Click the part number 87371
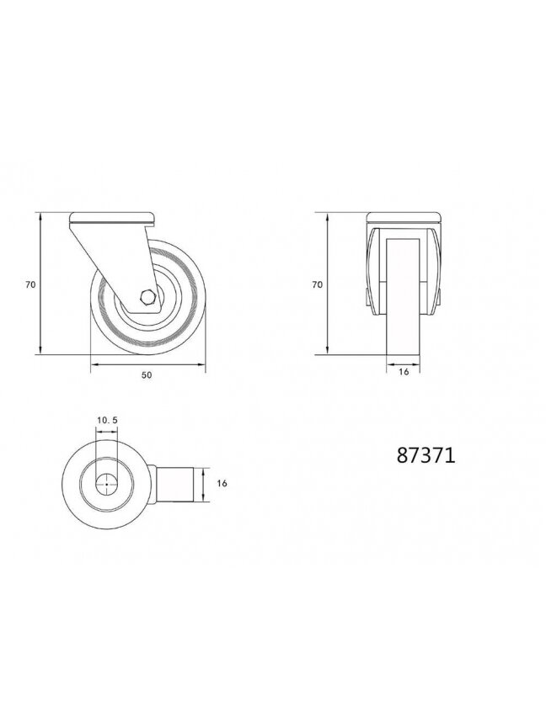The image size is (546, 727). click(426, 456)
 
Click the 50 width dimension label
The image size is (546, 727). click(147, 375)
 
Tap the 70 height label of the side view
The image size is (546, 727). click(30, 285)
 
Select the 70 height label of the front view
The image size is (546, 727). click(317, 285)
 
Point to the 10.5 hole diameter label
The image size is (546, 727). click(107, 420)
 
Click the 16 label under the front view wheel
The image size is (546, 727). click(404, 372)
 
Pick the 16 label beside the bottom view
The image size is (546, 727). click(222, 484)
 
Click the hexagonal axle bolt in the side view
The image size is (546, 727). click(147, 296)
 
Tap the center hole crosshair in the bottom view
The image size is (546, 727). click(106, 484)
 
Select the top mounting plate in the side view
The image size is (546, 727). click(112, 218)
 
